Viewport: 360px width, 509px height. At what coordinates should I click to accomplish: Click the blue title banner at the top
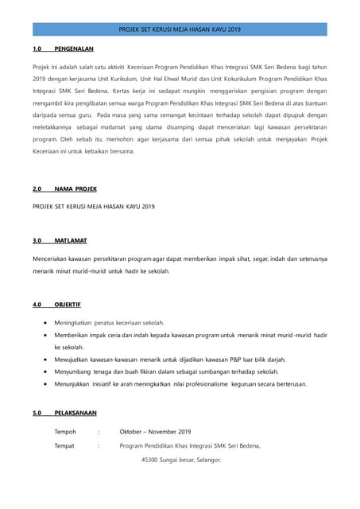[x=180, y=29]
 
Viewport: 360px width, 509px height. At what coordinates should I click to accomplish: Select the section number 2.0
[x=37, y=189]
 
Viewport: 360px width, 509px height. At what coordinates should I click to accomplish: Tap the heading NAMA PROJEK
[x=75, y=189]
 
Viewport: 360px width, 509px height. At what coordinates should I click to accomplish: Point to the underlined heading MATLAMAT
[x=72, y=240]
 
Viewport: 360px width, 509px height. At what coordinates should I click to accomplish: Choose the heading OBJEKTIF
[x=68, y=305]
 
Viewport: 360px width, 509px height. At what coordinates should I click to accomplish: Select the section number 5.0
[x=37, y=414]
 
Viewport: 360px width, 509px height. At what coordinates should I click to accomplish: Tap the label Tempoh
[x=65, y=432]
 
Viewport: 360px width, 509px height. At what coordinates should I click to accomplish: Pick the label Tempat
[x=64, y=446]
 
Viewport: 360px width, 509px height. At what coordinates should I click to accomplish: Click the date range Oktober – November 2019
[x=155, y=432]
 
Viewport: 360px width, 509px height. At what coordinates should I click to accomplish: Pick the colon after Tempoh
[x=98, y=432]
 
